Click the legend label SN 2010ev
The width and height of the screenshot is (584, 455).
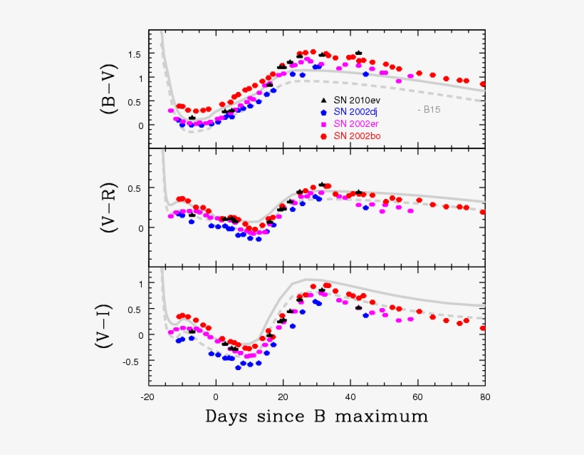358,101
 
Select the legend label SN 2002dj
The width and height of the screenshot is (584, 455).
358,112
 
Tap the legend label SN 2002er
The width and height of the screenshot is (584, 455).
358,123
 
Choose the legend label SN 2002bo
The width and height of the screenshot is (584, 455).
358,136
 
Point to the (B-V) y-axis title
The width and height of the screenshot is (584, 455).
110,89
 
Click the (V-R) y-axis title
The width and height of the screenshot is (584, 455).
110,208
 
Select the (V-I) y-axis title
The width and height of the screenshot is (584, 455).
110,327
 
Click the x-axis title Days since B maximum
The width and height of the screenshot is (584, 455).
317,416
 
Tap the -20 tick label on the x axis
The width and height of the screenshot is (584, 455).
147,396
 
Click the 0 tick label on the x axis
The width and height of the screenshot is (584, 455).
216,396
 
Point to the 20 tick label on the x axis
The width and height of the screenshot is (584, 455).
283,396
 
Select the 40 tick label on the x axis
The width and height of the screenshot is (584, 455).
350,396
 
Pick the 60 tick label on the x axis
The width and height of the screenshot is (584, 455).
417,396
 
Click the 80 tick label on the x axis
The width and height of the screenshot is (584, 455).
484,396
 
